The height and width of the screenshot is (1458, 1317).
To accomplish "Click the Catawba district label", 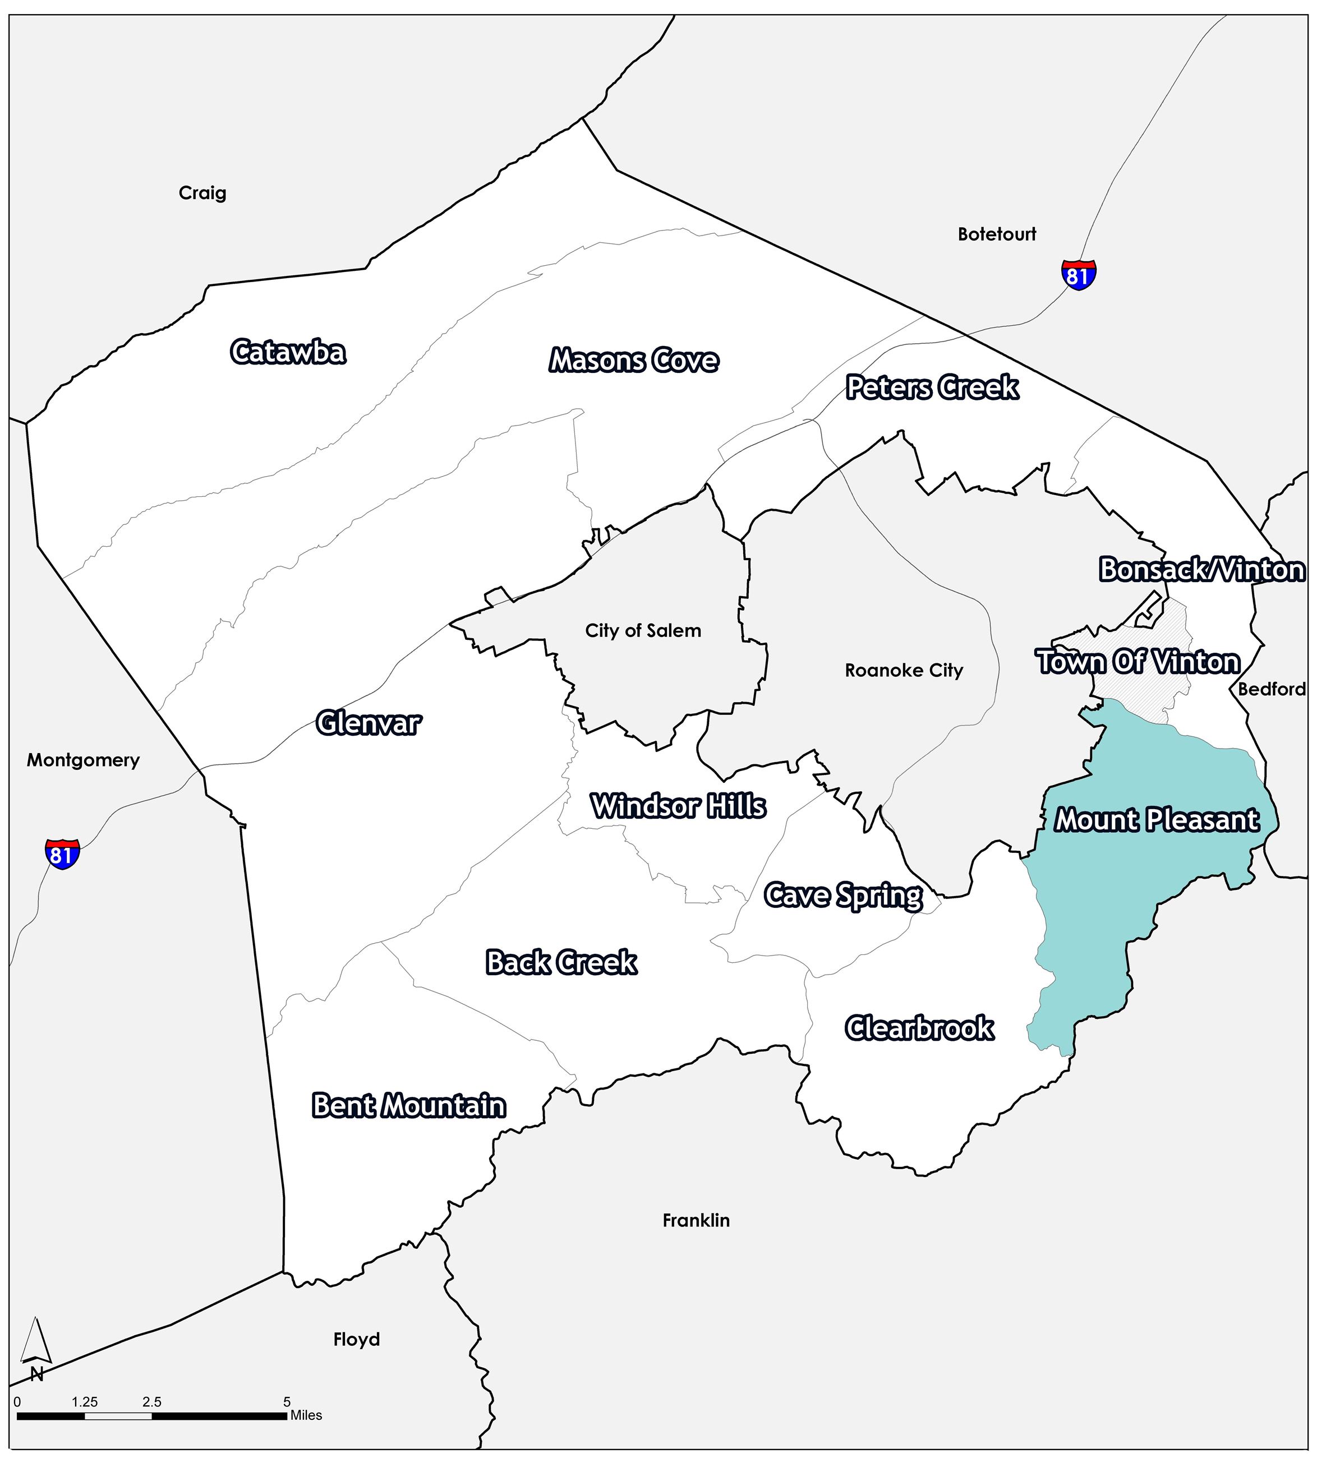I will click(x=288, y=352).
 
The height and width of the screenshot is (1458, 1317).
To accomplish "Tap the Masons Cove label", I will click(x=634, y=360).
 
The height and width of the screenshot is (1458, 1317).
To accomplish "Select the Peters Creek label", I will click(x=932, y=387).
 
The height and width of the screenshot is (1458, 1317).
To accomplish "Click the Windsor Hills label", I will click(x=678, y=806).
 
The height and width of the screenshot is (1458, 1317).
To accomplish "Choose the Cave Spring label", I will click(x=843, y=896).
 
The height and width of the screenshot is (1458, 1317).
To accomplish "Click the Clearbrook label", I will click(x=919, y=1028).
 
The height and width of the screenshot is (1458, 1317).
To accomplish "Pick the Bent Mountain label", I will click(x=409, y=1105).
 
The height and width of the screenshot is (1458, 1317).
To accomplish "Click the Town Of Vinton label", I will click(x=1139, y=662).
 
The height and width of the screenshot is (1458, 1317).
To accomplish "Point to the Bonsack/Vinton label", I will click(x=1202, y=570).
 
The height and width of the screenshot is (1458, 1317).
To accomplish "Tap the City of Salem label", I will click(x=643, y=631).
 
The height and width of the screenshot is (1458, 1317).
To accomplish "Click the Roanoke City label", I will click(x=904, y=671).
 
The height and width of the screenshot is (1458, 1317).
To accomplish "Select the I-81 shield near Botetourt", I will click(x=1078, y=274).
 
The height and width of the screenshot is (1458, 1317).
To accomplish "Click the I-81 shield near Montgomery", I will click(x=62, y=854).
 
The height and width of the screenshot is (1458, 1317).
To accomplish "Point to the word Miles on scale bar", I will click(x=306, y=1415).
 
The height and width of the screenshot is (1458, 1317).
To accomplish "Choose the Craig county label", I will click(x=202, y=193).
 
